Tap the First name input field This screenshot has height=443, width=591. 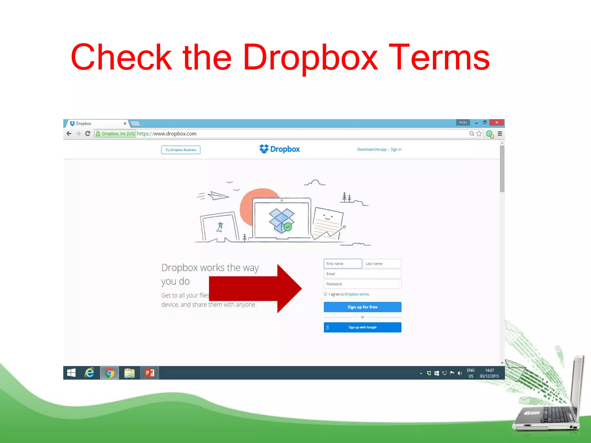(343, 264)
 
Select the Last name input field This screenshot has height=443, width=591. (382, 264)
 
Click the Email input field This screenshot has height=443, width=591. (362, 274)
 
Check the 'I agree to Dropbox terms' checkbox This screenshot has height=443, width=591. (326, 294)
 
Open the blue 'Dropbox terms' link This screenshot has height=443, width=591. (357, 294)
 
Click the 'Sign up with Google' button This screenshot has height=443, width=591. (362, 327)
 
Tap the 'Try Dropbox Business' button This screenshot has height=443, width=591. (181, 150)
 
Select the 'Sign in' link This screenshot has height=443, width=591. (396, 149)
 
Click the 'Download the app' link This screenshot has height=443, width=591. (372, 149)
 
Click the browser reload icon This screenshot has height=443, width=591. (88, 134)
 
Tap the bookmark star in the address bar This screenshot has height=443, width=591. (479, 134)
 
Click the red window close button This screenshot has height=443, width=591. (497, 123)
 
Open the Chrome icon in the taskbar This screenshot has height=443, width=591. (109, 373)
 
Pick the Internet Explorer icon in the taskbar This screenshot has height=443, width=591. (89, 373)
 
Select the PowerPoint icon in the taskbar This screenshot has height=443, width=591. (149, 373)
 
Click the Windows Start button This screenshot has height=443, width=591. (71, 373)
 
